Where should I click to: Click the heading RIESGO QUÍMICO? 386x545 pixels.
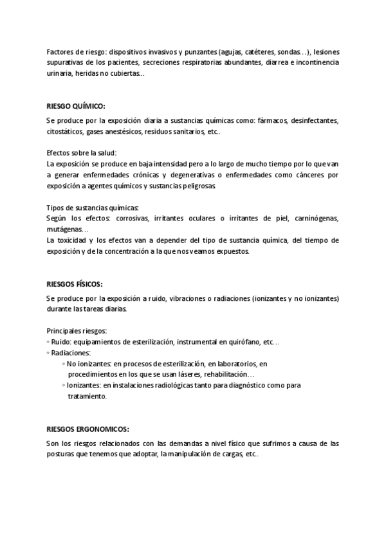pos(76,106)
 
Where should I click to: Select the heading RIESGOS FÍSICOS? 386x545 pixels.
pos(75,283)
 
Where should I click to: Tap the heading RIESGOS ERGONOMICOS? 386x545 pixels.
pos(88,428)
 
